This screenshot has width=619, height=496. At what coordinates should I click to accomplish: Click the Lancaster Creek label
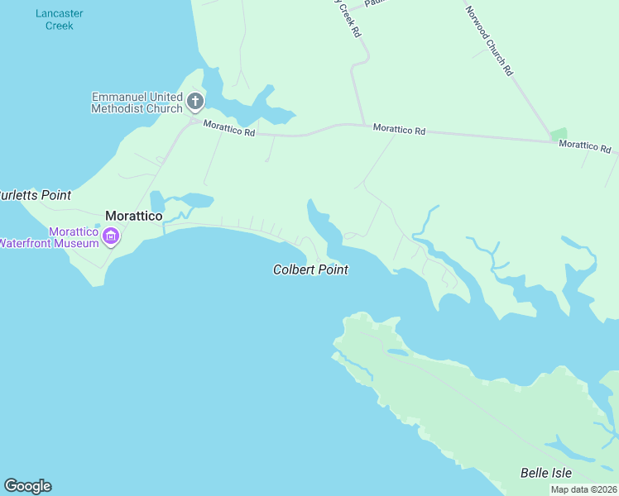click(x=54, y=20)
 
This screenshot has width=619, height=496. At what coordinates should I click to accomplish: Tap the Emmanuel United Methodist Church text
click(x=137, y=103)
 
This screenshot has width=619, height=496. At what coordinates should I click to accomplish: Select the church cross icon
click(x=195, y=102)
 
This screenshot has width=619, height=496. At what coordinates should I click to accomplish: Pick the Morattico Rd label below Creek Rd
click(x=399, y=130)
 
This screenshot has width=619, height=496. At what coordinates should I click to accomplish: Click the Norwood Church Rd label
click(x=488, y=41)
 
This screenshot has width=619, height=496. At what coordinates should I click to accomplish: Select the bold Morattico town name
click(x=133, y=215)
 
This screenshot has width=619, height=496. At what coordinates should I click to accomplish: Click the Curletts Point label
click(x=35, y=195)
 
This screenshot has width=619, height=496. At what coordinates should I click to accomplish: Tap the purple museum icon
click(x=110, y=238)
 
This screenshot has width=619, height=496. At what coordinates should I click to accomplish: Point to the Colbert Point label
click(x=310, y=269)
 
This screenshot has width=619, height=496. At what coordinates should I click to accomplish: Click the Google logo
click(x=27, y=486)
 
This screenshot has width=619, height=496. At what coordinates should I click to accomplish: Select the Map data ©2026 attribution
click(x=583, y=489)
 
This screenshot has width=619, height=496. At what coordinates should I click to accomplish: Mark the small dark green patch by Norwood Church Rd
click(x=559, y=134)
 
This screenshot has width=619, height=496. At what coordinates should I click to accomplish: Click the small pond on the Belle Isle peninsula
click(x=397, y=353)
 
